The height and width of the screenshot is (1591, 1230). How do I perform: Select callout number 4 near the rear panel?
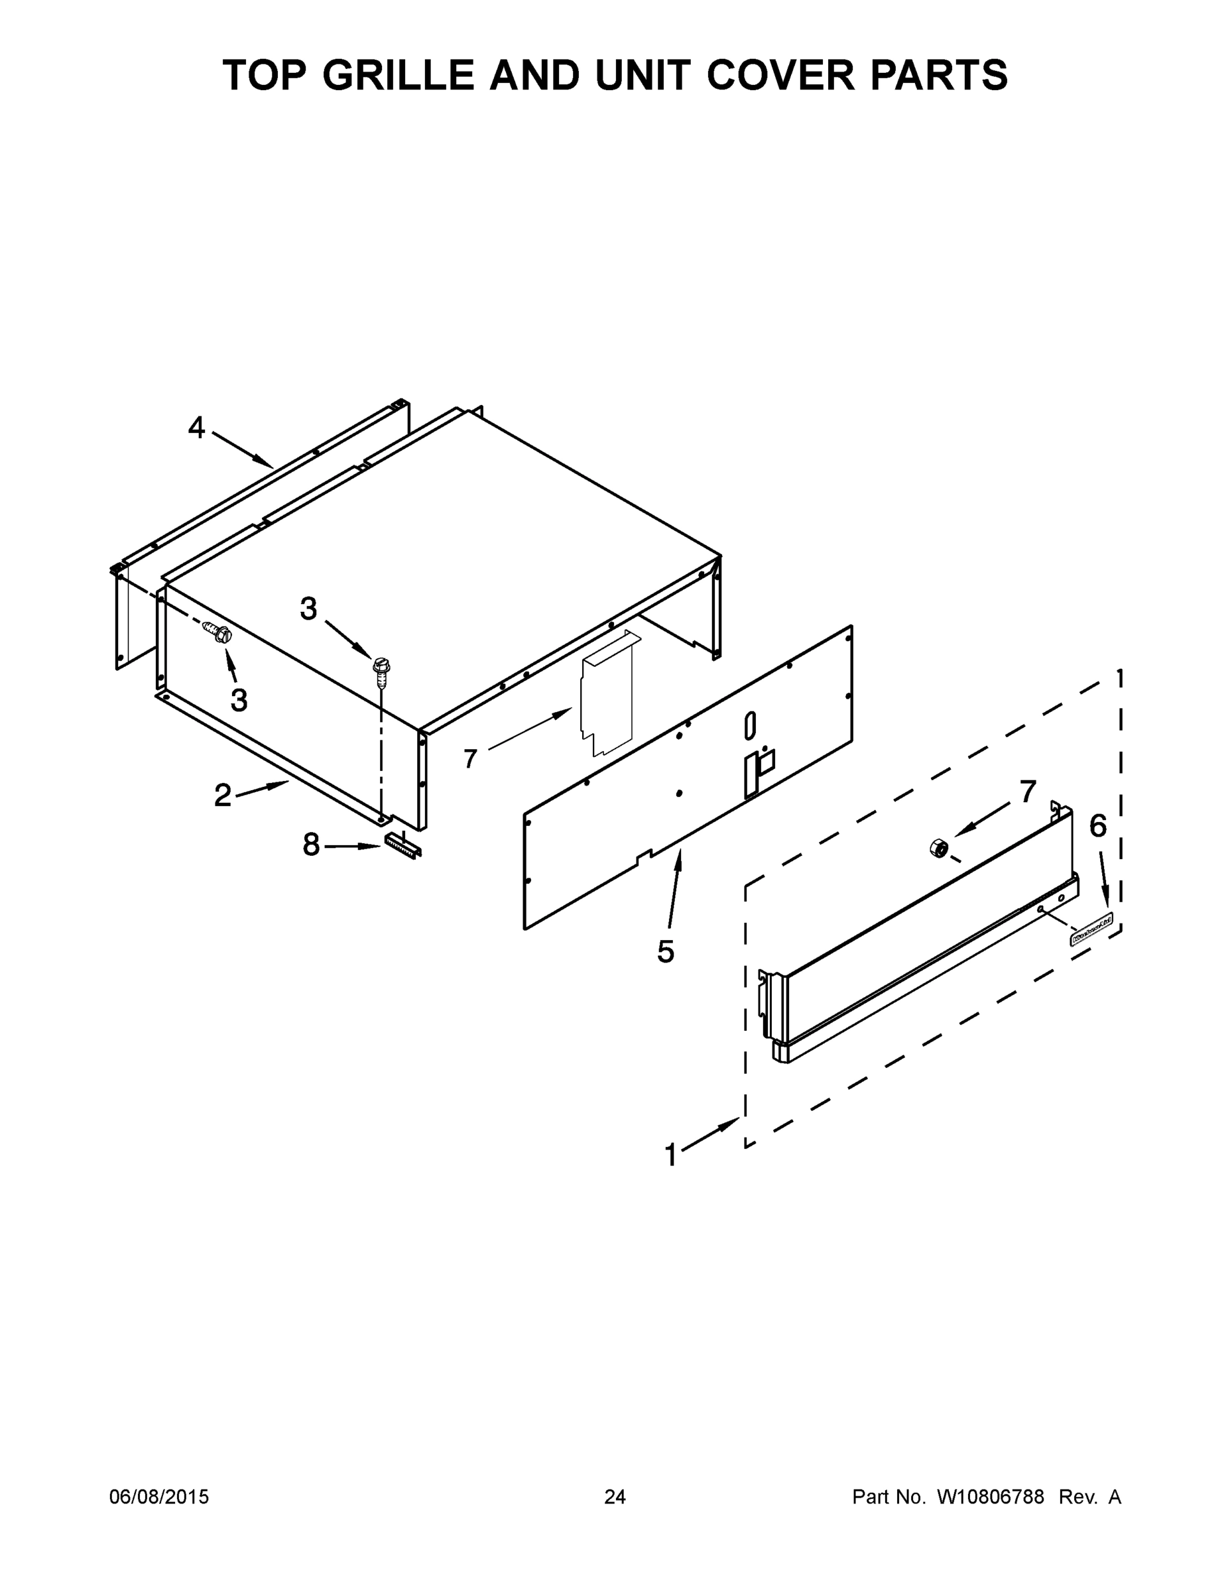pyautogui.click(x=196, y=428)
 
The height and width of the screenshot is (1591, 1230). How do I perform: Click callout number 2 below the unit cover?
pyautogui.click(x=222, y=795)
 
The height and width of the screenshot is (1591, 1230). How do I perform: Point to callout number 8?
pyautogui.click(x=311, y=845)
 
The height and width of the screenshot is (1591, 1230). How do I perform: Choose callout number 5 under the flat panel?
pyautogui.click(x=665, y=951)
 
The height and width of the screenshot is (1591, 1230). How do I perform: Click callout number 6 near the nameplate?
pyautogui.click(x=1097, y=826)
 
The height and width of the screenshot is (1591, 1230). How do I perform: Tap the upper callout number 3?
pyautogui.click(x=308, y=609)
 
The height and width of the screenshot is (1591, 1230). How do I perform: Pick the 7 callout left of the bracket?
pyautogui.click(x=470, y=759)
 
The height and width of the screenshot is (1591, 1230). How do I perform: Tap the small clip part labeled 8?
pyautogui.click(x=403, y=847)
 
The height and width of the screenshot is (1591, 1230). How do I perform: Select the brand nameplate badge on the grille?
pyautogui.click(x=1091, y=931)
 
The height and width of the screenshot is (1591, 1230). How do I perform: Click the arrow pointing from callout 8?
pyautogui.click(x=353, y=847)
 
